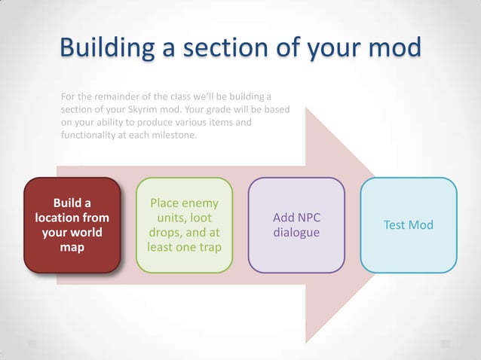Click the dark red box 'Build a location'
72,224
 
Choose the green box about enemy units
184,224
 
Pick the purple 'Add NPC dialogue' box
296,224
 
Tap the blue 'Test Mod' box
409,224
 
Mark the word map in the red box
72,246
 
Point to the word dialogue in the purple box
296,233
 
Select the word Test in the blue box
396,225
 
